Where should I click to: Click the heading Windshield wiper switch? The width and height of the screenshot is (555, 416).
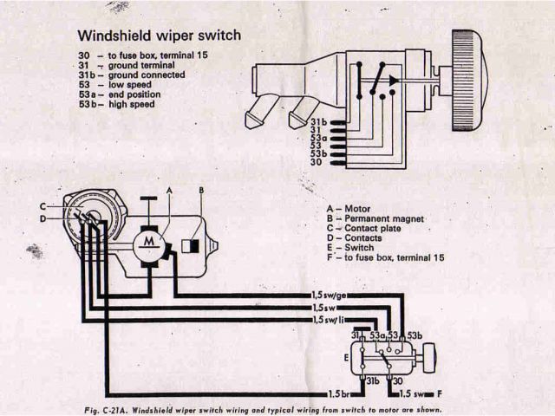[159, 36]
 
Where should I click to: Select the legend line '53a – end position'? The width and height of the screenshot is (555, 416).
[122, 94]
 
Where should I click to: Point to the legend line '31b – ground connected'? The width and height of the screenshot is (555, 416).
[130, 75]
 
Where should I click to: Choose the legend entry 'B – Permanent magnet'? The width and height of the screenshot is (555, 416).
[375, 219]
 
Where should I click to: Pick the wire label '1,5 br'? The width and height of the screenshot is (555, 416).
[323, 394]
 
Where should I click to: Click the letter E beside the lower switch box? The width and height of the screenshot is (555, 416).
[347, 355]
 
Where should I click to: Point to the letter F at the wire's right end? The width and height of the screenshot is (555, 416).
[441, 394]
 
